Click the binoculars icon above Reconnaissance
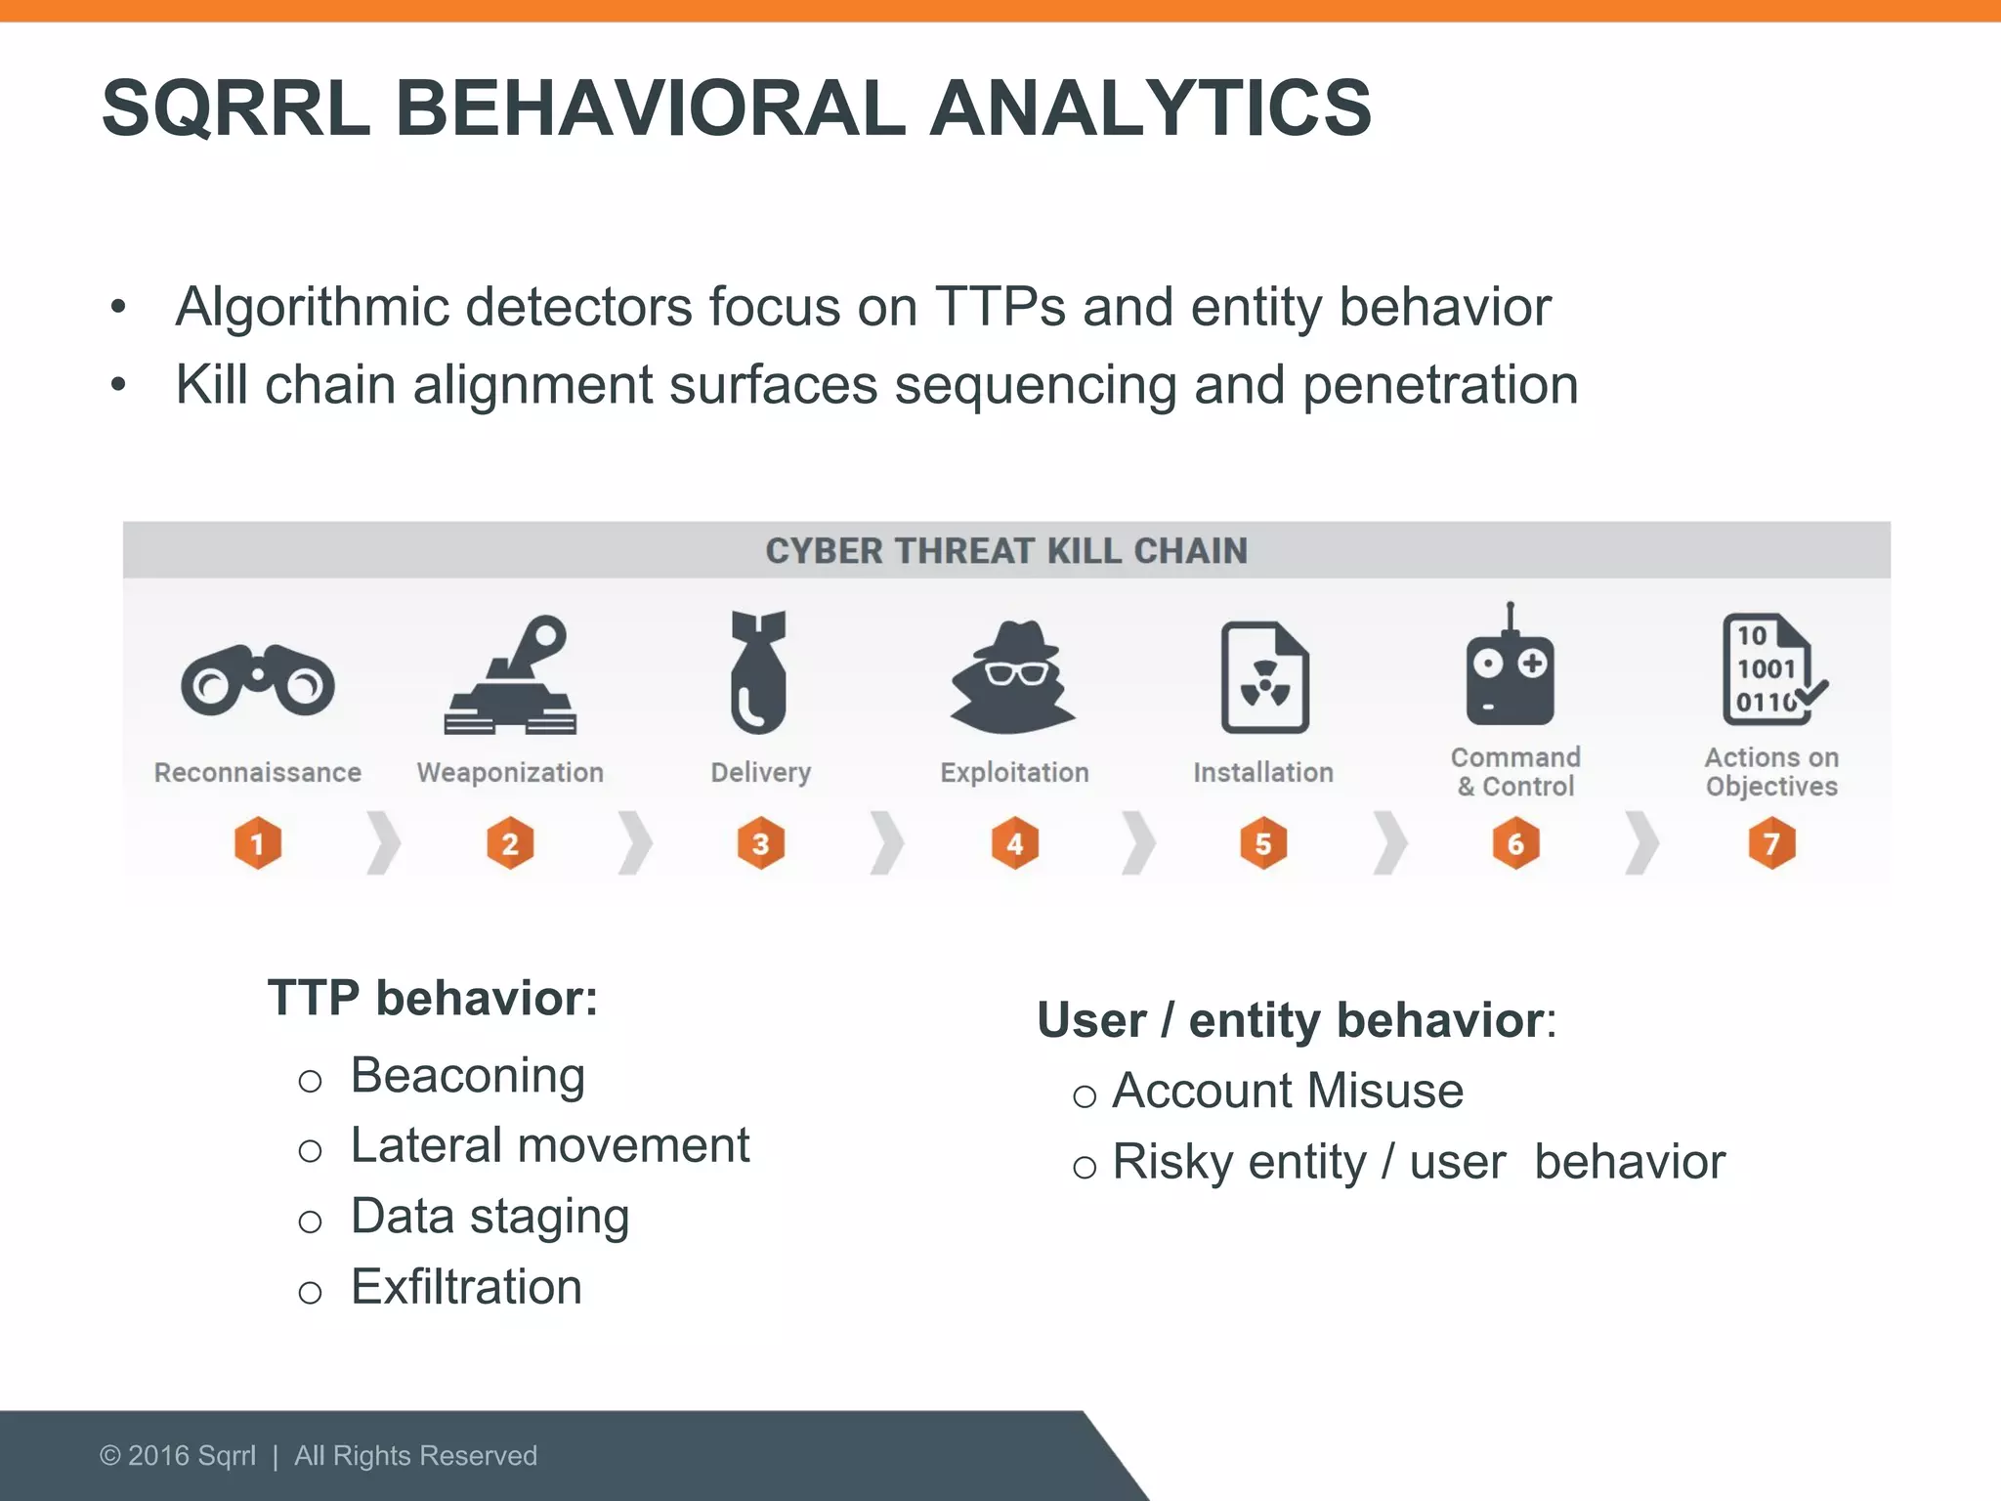[x=257, y=680]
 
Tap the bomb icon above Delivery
[x=759, y=672]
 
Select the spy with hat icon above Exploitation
[x=1013, y=676]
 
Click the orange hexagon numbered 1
[x=258, y=842]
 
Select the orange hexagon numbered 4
[x=1014, y=842]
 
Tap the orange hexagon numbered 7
[x=1771, y=842]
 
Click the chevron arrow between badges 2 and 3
[x=636, y=842]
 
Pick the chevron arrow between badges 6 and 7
[x=1642, y=842]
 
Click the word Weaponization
[x=510, y=772]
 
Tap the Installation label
[x=1262, y=772]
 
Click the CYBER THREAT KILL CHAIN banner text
[x=1006, y=551]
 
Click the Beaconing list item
[x=467, y=1076]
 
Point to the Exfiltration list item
[x=466, y=1287]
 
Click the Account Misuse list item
[x=1287, y=1091]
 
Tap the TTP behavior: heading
[x=433, y=999]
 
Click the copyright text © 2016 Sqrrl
[x=178, y=1456]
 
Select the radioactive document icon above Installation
[x=1264, y=677]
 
